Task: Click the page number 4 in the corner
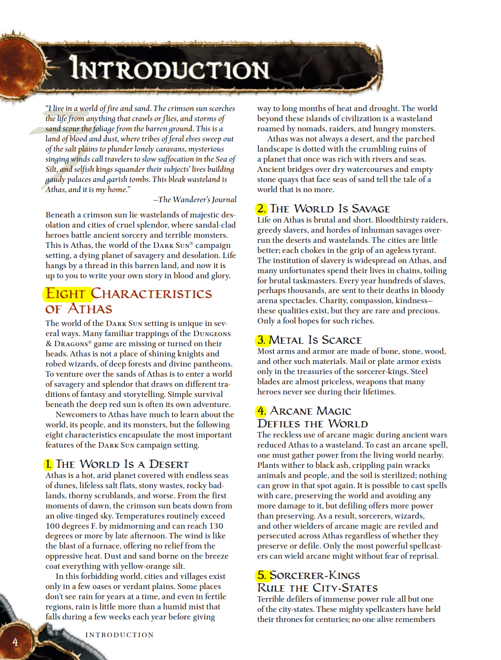tap(15, 642)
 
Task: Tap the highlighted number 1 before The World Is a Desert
tap(49, 464)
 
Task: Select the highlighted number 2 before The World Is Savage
tap(261, 209)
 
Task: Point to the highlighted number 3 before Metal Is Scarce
tap(261, 340)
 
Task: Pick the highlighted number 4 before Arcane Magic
tap(261, 411)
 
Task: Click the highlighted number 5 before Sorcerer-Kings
tap(261, 575)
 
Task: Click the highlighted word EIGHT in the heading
tap(65, 293)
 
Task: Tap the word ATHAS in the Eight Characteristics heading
tap(90, 309)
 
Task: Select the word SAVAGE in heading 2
tap(370, 209)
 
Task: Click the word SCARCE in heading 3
tap(341, 340)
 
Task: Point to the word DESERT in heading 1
tap(169, 464)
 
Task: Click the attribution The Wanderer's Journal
tap(195, 200)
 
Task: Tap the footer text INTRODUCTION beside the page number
tap(120, 635)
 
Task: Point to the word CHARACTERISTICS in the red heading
tap(151, 293)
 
